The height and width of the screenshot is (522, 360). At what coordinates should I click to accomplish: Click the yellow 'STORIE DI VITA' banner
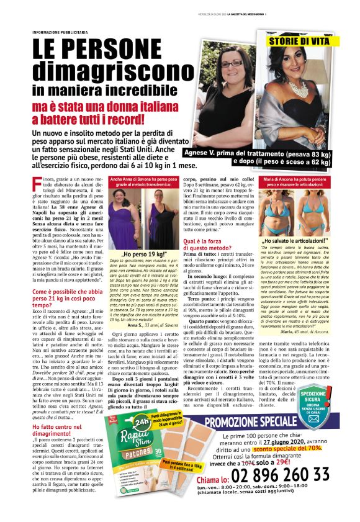(307, 41)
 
